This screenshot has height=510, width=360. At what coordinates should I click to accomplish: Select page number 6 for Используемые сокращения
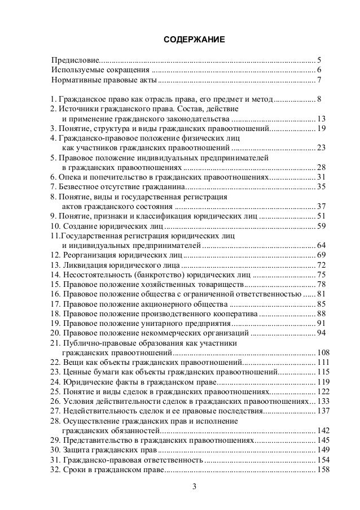[319, 70]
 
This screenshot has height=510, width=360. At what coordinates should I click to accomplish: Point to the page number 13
[321, 119]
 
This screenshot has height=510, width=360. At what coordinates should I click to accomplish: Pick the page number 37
[321, 206]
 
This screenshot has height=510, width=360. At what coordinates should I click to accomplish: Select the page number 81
[321, 294]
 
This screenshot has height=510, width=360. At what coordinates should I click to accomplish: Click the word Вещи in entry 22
[72, 362]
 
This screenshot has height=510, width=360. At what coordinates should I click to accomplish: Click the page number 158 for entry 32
[323, 469]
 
